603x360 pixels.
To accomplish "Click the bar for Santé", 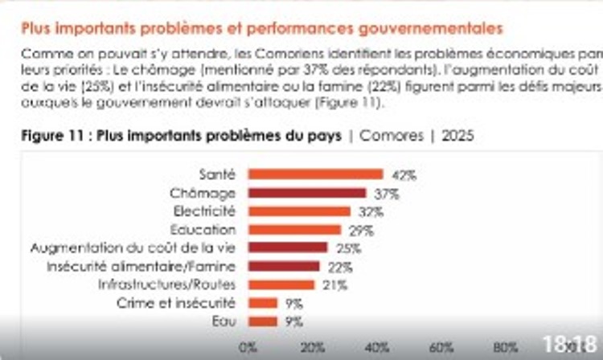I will [x=315, y=174].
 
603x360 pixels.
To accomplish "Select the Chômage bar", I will [x=306, y=193].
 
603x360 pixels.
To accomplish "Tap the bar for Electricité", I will [x=299, y=211].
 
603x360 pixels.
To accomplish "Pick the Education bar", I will [x=294, y=230].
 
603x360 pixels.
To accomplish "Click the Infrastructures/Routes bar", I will [x=281, y=284].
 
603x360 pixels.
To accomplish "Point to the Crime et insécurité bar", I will [x=262, y=303].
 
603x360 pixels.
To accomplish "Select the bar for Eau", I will [x=262, y=321].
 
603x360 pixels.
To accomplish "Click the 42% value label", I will [x=403, y=174].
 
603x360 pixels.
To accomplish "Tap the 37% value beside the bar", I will [x=387, y=193].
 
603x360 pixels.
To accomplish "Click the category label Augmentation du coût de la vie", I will [x=133, y=247].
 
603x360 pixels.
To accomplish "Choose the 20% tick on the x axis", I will [x=312, y=347].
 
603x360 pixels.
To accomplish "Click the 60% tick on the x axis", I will [x=442, y=347].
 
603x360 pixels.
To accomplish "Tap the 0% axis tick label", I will [x=248, y=347].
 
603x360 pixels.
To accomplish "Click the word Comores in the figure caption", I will [x=390, y=136].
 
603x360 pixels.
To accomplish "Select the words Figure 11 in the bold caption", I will [x=52, y=136].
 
